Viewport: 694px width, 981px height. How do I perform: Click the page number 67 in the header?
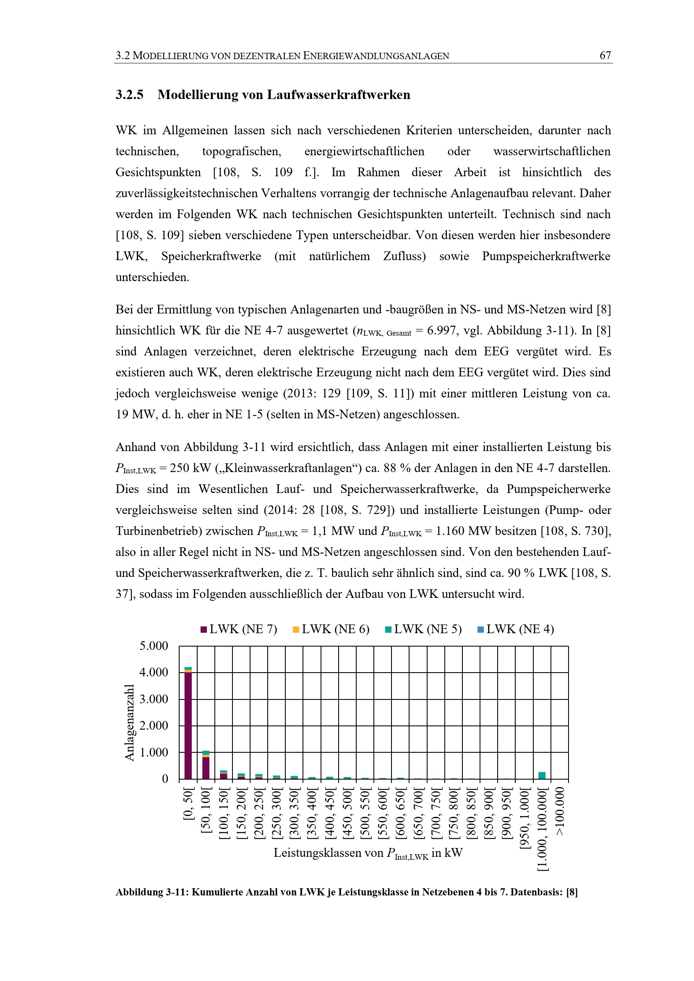[605, 55]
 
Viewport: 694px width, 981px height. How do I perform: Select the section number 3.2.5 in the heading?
[130, 94]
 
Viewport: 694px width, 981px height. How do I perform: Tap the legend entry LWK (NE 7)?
[238, 629]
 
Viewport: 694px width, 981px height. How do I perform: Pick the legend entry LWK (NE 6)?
[331, 629]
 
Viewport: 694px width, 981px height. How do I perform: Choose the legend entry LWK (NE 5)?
[423, 629]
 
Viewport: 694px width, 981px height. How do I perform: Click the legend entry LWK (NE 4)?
[515, 629]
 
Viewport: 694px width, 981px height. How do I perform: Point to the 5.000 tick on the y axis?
[154, 646]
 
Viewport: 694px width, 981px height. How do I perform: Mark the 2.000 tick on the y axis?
[154, 725]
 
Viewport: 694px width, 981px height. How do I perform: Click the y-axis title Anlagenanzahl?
[130, 723]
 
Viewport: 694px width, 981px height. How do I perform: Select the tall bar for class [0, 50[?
[188, 726]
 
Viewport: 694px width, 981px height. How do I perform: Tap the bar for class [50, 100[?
[206, 767]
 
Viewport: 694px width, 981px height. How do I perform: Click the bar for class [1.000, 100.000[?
[542, 775]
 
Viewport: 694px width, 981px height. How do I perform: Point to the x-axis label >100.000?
[560, 811]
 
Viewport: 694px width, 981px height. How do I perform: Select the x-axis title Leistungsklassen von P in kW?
[368, 853]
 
